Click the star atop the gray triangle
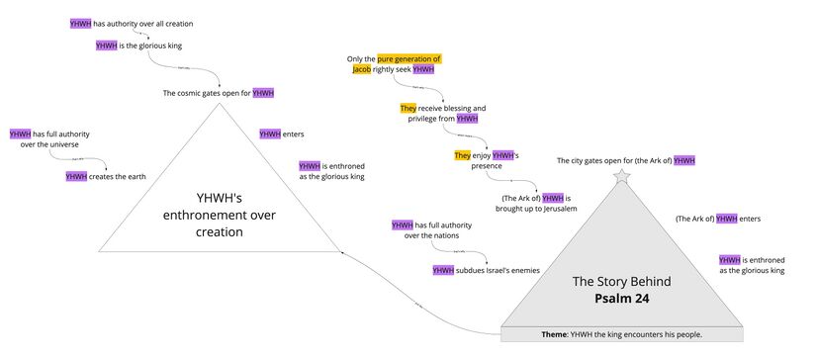tap(621, 176)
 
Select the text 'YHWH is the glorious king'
tap(138, 45)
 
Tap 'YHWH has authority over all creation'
tap(132, 22)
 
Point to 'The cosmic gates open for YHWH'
tap(218, 93)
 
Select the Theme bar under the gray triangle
tap(622, 334)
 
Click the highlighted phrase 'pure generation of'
tap(408, 59)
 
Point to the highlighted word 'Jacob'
tap(362, 70)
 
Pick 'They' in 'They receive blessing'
tap(408, 107)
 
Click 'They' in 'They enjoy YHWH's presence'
tap(462, 155)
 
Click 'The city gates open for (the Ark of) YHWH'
tap(625, 160)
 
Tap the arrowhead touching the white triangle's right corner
tap(342, 252)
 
